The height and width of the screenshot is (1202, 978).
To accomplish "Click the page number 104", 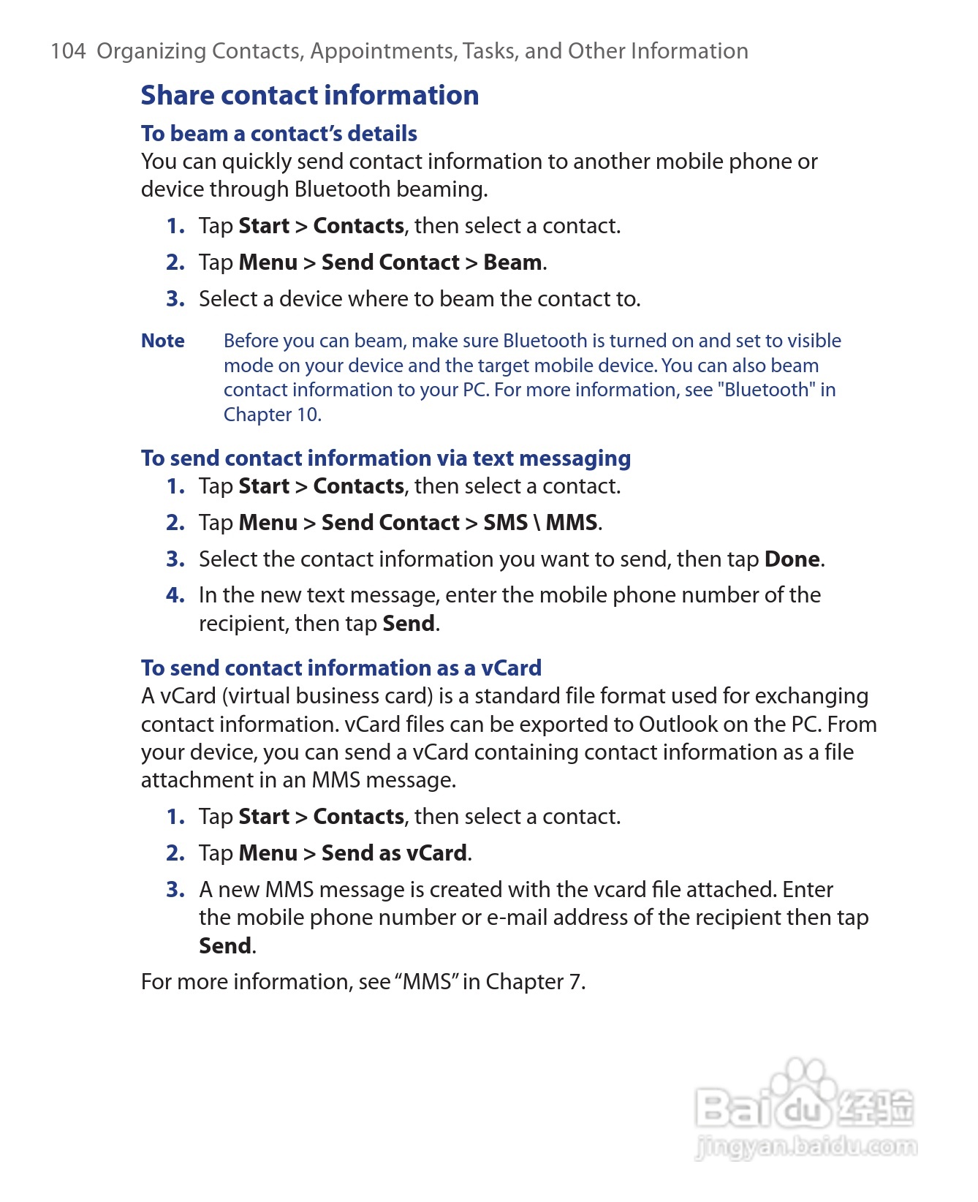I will tap(68, 51).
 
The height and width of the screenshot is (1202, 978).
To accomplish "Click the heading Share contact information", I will tap(309, 95).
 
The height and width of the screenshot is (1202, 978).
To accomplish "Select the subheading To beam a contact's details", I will tap(278, 134).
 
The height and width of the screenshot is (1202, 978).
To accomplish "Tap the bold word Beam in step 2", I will tap(512, 262).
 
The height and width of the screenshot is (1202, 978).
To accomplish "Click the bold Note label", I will tap(162, 341).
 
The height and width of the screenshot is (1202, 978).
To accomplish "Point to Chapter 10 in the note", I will tap(271, 415).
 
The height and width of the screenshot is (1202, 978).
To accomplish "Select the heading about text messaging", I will tap(385, 458).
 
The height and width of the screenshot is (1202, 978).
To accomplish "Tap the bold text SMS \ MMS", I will tap(540, 523).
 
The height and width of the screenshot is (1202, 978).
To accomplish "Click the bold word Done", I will tap(792, 559).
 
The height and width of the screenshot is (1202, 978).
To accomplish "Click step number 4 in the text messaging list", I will tap(175, 595).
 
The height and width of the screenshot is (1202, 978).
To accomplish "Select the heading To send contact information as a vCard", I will tap(341, 668).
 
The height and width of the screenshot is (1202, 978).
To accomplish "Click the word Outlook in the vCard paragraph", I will tap(678, 725).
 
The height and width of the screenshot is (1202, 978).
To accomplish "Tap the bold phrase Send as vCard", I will tap(394, 853).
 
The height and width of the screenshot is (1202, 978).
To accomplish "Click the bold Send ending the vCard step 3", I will tap(225, 946).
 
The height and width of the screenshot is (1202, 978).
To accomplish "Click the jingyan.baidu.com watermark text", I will tap(806, 1146).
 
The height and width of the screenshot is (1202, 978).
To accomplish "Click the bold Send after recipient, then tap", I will tap(409, 624).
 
